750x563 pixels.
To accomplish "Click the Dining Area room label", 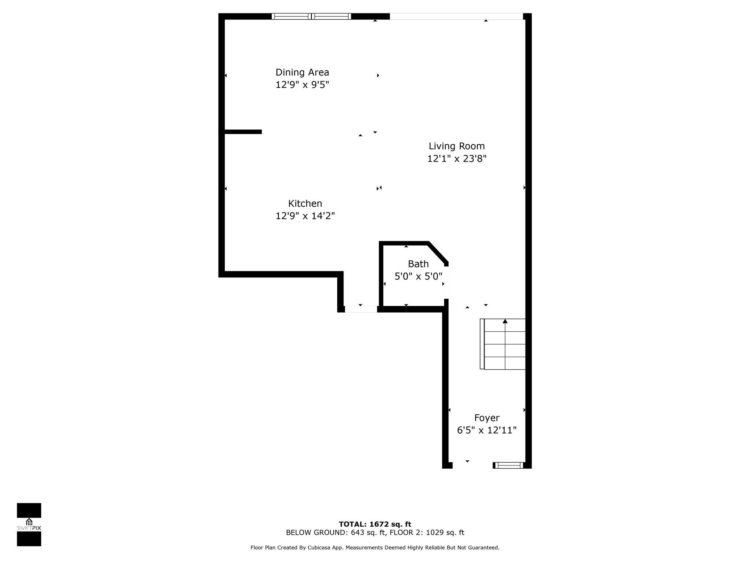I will coord(302,72).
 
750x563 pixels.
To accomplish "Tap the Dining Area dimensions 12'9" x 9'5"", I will coord(302,85).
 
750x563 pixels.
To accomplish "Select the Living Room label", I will coord(457,146).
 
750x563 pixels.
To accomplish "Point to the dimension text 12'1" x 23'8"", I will coord(457,159).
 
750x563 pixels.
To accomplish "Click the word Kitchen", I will coord(305,203).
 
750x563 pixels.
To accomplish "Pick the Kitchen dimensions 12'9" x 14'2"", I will coord(305,216).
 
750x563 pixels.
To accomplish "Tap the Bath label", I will coord(418,264).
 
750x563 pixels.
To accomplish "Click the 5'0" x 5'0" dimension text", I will coord(418,276).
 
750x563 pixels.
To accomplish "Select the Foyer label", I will coord(487,418).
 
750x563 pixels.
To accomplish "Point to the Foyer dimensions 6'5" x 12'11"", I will coord(487,430).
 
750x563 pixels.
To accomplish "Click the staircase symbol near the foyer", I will coord(504,345).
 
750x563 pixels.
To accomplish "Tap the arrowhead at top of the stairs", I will coord(505,321).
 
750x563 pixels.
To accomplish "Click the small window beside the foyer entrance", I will coord(509,466).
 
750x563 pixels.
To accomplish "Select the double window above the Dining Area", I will coord(311,16).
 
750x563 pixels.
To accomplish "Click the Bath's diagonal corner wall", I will coord(438,252).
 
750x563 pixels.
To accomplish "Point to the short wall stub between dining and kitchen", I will coord(243,132).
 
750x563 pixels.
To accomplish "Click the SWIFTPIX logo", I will coord(29,525).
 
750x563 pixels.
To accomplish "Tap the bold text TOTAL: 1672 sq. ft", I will coord(375,524).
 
